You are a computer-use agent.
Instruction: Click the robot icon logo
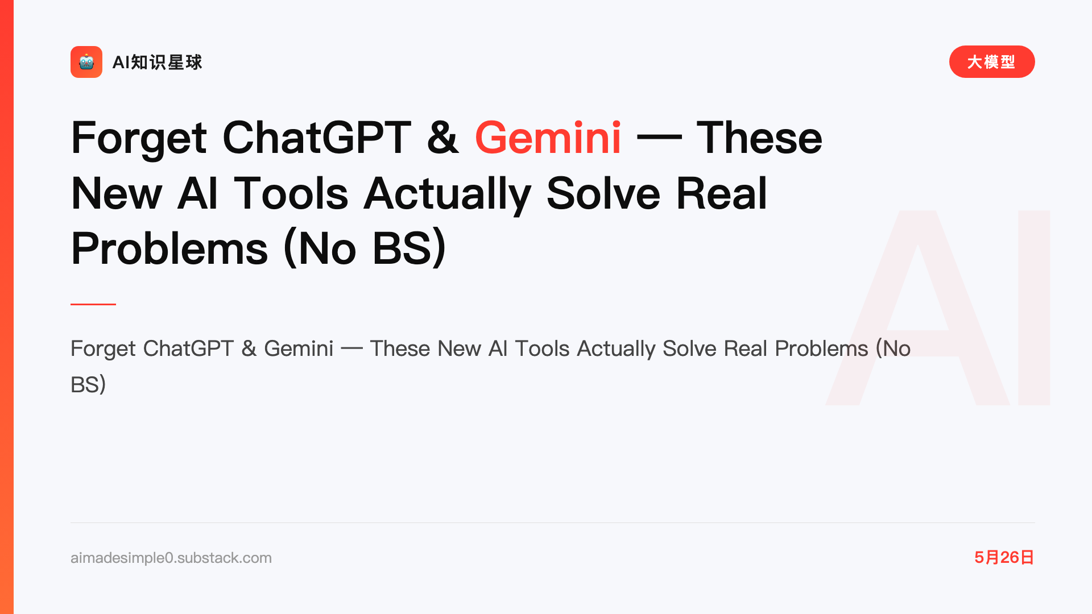[x=86, y=62]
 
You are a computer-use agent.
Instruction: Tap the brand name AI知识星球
[x=158, y=63]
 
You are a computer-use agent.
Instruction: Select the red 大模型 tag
[x=992, y=62]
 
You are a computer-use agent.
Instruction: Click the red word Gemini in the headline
[x=548, y=138]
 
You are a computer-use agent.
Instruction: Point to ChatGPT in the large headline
[x=316, y=138]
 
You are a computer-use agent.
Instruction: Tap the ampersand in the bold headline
[x=443, y=138]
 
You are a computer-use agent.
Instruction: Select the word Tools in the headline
[x=291, y=193]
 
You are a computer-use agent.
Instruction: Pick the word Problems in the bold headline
[x=169, y=248]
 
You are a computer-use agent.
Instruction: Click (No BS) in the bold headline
[x=365, y=248]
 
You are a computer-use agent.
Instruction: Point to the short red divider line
[x=93, y=304]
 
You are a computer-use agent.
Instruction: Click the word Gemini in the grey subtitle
[x=299, y=349]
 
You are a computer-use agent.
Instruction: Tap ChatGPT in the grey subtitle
[x=188, y=349]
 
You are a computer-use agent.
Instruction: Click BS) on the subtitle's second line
[x=88, y=385]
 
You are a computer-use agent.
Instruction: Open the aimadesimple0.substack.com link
[x=171, y=558]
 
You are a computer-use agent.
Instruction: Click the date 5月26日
[x=1004, y=557]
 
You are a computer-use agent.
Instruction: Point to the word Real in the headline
[x=722, y=193]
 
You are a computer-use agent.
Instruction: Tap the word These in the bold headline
[x=759, y=138]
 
